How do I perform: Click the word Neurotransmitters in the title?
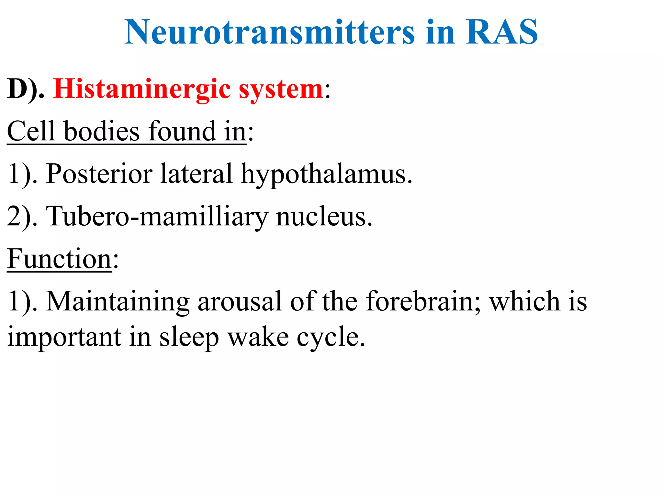(x=269, y=32)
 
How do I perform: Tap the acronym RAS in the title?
(x=501, y=32)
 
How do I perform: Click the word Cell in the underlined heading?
(x=31, y=131)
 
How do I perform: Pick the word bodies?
(x=102, y=131)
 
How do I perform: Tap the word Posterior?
(x=99, y=174)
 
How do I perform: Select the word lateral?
(x=196, y=174)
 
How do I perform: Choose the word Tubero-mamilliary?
(x=157, y=217)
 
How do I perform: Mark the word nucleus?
(x=324, y=217)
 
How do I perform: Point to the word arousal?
(x=240, y=302)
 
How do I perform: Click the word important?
(x=64, y=337)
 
